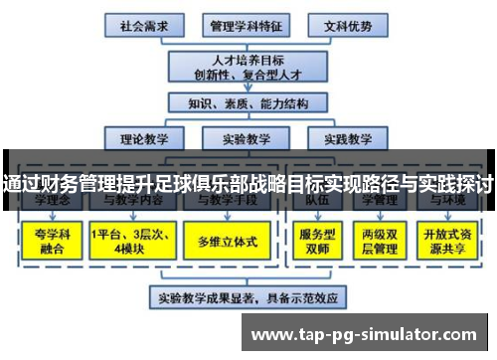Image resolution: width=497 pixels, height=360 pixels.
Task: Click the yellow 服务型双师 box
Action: tap(313, 239)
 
